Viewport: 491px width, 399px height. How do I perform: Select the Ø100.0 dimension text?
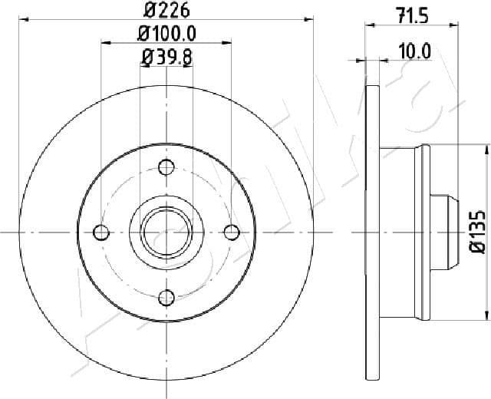click(166, 33)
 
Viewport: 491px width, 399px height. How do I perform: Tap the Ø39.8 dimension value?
click(166, 56)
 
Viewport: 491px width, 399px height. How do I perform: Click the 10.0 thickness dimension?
click(415, 51)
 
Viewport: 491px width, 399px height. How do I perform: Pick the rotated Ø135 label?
click(476, 230)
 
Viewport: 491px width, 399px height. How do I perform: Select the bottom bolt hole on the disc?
click(166, 296)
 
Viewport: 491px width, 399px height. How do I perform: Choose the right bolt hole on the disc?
click(231, 231)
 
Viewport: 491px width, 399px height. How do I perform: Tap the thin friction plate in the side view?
click(374, 230)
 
